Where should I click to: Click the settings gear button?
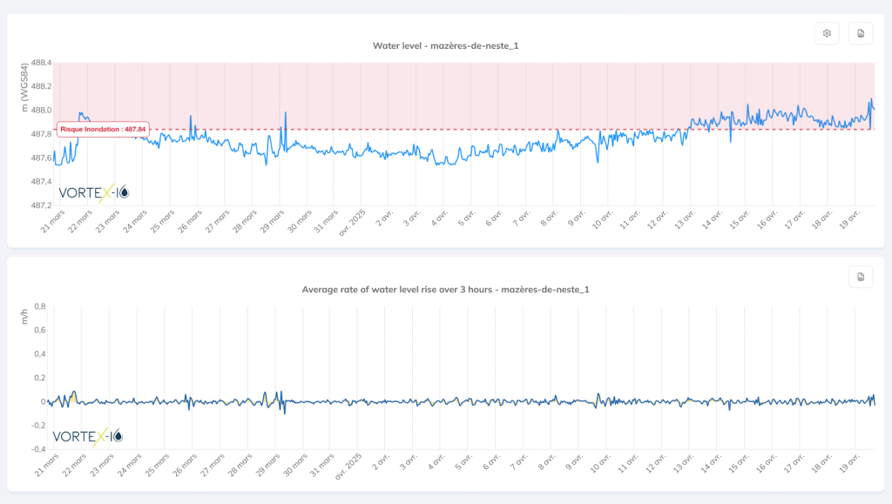click(x=827, y=34)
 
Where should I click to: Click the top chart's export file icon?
click(x=861, y=34)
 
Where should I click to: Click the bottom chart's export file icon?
click(x=861, y=277)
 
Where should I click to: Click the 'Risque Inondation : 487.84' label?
click(x=103, y=129)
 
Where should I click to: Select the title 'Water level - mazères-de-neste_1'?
click(x=451, y=45)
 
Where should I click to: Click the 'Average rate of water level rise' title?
click(x=445, y=289)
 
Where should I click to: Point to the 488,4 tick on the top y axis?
click(x=41, y=63)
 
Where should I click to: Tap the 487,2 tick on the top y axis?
click(x=41, y=205)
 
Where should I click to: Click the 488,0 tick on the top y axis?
click(x=41, y=111)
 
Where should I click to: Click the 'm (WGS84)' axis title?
click(x=24, y=87)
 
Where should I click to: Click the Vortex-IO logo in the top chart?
click(x=93, y=192)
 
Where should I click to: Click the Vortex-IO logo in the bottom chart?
click(x=88, y=435)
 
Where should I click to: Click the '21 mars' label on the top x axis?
click(x=51, y=222)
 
